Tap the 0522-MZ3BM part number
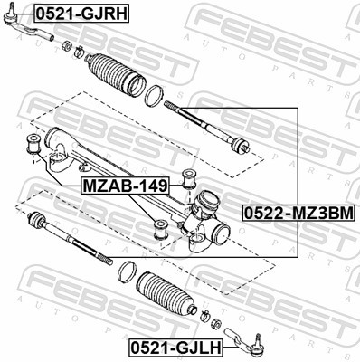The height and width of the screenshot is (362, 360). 297,213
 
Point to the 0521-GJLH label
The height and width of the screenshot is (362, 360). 171,347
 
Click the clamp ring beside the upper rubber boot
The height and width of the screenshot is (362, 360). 155,93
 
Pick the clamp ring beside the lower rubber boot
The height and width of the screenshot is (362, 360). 128,271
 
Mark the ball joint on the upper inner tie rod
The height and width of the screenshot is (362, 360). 239,144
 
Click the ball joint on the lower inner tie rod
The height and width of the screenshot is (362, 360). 37,220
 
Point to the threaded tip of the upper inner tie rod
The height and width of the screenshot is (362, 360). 173,108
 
